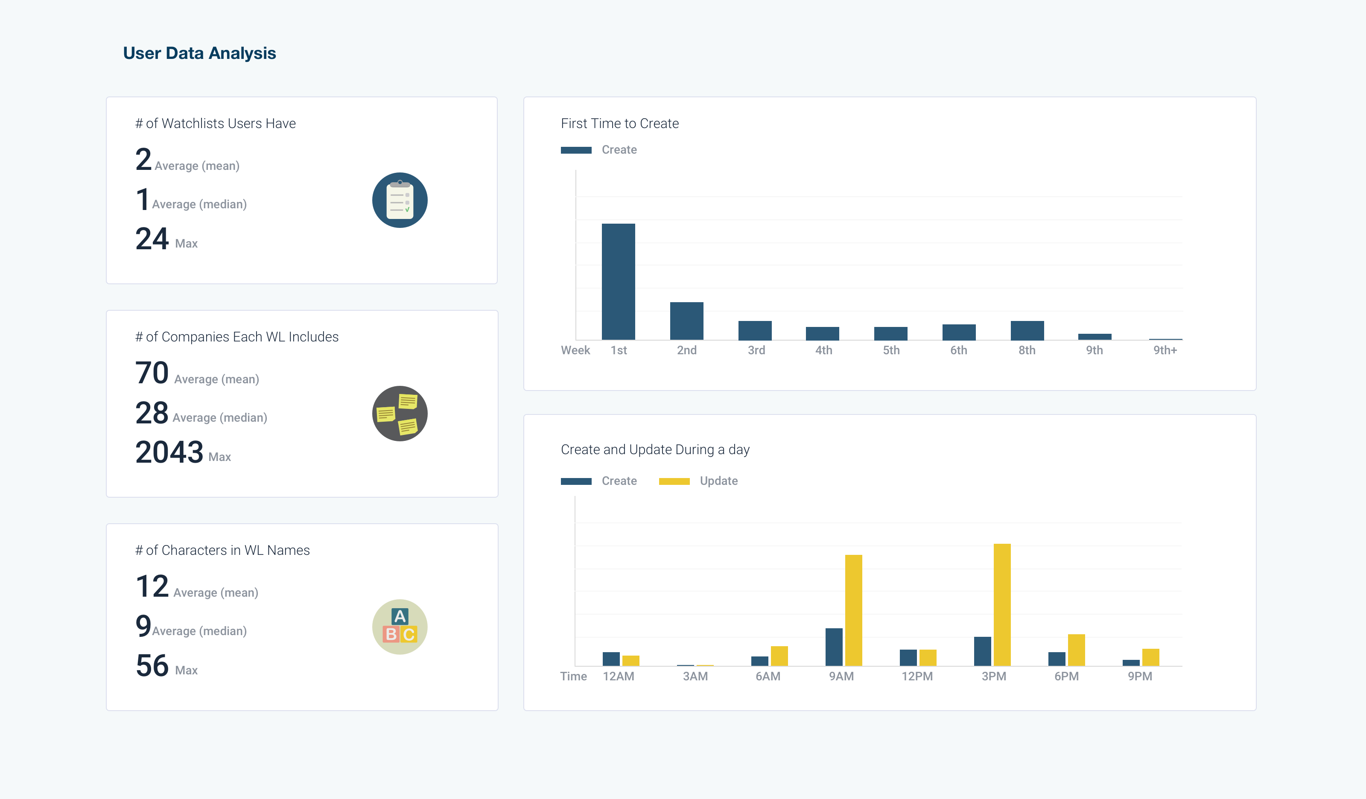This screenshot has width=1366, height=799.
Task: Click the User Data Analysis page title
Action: point(199,53)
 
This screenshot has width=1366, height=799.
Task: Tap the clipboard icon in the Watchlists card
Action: point(400,200)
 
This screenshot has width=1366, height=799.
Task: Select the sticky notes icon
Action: point(400,414)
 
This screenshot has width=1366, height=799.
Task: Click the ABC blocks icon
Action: point(400,627)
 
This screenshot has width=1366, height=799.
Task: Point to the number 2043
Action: point(169,452)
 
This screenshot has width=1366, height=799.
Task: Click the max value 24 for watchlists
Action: point(152,239)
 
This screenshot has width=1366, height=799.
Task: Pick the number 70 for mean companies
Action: point(152,373)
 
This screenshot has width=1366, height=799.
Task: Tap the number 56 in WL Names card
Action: point(152,666)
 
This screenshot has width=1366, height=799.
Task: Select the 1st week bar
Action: point(618,282)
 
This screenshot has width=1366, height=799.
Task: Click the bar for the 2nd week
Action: point(686,321)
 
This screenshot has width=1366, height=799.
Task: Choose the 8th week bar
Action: point(1027,331)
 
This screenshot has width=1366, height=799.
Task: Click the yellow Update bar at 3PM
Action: point(1002,604)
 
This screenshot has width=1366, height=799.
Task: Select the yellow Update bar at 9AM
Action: point(853,610)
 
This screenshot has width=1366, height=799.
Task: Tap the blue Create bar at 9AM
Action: point(834,647)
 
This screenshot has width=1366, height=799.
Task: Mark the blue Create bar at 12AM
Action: point(611,659)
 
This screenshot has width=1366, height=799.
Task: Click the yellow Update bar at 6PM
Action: point(1076,650)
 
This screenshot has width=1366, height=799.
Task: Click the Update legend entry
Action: point(718,481)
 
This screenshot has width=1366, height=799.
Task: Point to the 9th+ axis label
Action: point(1165,350)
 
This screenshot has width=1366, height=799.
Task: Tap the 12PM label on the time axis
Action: point(917,676)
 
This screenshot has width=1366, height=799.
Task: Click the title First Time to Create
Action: point(619,124)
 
